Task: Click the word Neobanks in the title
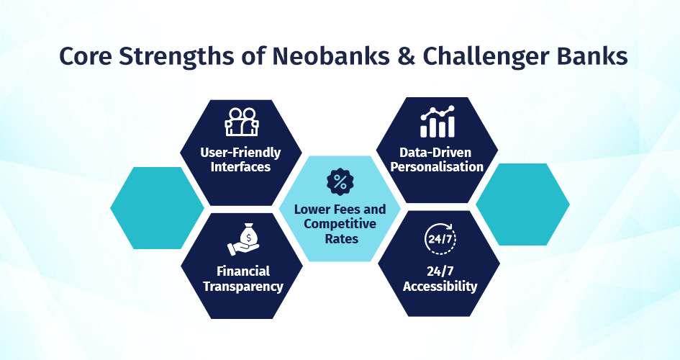point(330,56)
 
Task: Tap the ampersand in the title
point(406,56)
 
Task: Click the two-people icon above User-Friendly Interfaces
point(242,122)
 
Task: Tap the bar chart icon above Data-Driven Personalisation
point(438,122)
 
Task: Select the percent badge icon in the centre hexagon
point(340,181)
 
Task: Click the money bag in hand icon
point(243,239)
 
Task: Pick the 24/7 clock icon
point(440,238)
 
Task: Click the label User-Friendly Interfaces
point(240,160)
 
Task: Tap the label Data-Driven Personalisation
point(437,160)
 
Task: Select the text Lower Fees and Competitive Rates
point(340,224)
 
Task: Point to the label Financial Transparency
point(243,279)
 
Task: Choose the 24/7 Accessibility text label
point(440,279)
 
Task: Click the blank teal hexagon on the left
point(157,208)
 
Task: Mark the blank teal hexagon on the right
point(522,204)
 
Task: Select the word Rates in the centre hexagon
point(342,238)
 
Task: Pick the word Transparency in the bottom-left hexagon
point(243,287)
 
